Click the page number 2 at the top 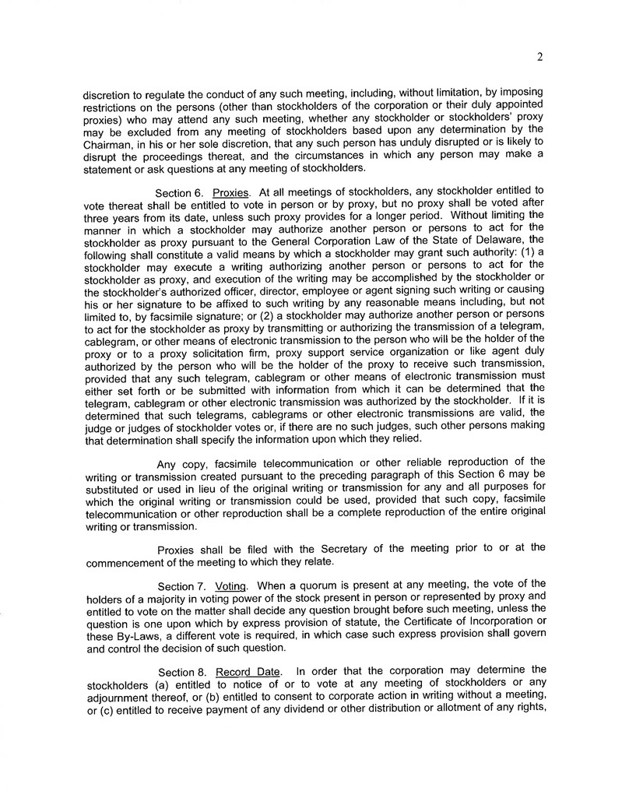539,56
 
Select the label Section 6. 180,191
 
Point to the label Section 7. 181,585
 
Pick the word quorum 311,585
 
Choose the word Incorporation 508,622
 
